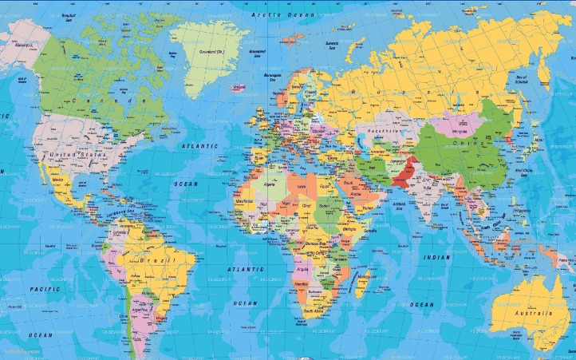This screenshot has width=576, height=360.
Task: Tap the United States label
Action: tap(69, 154)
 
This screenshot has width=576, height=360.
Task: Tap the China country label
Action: tap(464, 144)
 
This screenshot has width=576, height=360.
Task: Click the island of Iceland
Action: tap(238, 87)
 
